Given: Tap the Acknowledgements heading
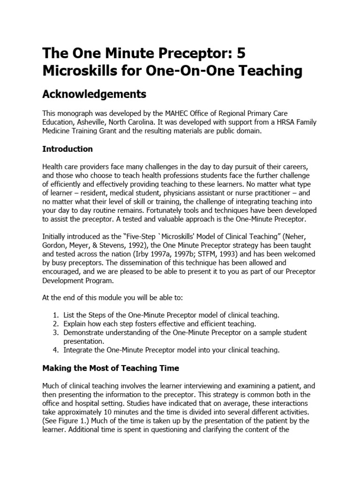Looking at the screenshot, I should [x=94, y=94].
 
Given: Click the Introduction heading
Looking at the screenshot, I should [x=67, y=149].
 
